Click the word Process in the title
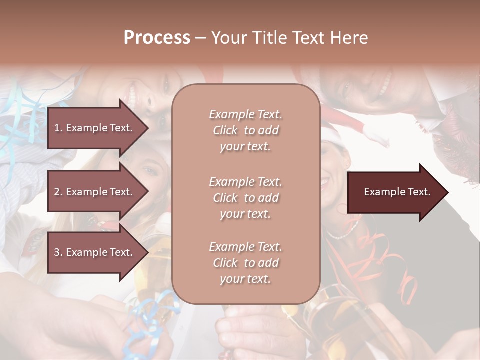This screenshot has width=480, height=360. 157,37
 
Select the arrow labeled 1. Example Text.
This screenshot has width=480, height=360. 97,128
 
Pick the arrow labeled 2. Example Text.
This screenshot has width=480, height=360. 97,192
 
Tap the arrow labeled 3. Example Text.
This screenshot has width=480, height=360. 97,252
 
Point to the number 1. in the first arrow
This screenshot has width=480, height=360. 58,128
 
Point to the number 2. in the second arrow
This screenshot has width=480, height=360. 58,192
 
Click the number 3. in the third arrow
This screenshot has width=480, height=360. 58,252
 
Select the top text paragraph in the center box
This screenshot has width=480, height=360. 245,130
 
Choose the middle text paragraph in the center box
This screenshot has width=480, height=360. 245,197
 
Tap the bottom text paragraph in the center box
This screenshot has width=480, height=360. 245,263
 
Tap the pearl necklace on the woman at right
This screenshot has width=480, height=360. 345,232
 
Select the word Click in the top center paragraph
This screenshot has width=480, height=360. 225,130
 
